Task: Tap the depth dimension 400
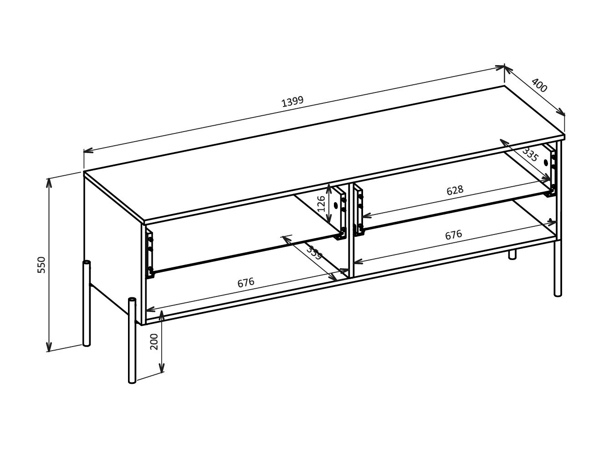click(x=539, y=86)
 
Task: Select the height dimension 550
click(x=41, y=265)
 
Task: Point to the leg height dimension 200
click(x=154, y=341)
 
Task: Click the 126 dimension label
click(x=321, y=204)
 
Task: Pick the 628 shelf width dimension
click(x=455, y=190)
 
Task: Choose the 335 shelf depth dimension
click(x=530, y=155)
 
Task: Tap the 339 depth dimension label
click(x=313, y=253)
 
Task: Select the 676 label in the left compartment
click(x=246, y=283)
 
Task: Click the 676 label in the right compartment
click(x=453, y=235)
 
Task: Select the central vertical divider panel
click(x=351, y=230)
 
